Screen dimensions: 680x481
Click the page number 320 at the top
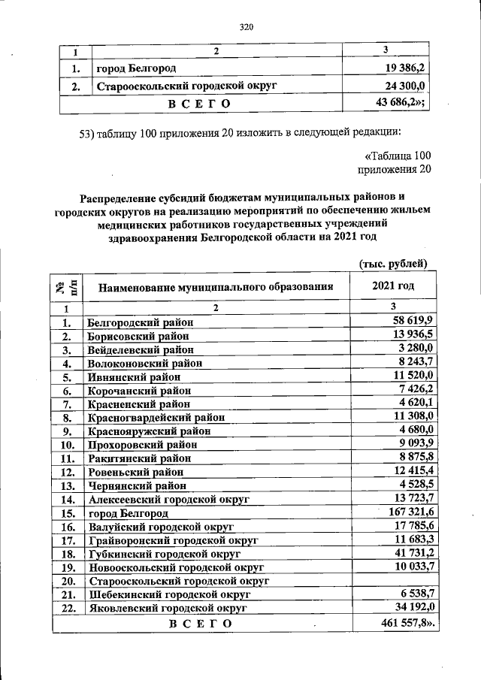(247, 28)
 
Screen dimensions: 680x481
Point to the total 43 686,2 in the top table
(399, 101)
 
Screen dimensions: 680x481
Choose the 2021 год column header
(393, 286)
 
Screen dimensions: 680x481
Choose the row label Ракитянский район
(141, 458)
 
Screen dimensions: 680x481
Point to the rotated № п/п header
(66, 286)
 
